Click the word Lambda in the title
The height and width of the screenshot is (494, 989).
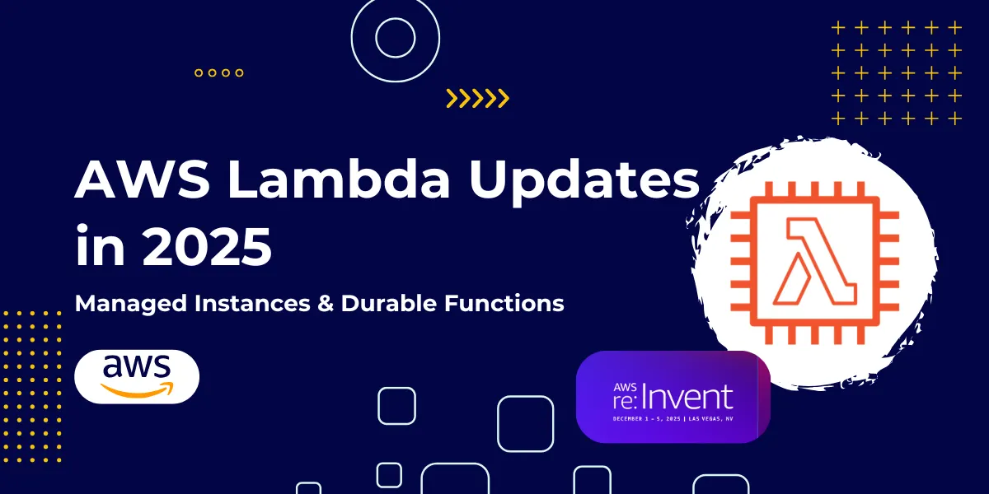point(339,179)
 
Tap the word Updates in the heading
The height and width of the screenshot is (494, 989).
point(584,182)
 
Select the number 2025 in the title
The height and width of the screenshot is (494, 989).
point(207,245)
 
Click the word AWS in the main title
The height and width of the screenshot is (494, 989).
point(142,179)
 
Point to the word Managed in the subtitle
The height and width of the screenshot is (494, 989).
point(131,305)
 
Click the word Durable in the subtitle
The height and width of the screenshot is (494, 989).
point(388,303)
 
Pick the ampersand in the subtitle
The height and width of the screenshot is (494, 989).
point(325,304)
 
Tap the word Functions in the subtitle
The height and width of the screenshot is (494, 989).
point(504,303)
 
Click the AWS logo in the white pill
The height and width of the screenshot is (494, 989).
point(137,376)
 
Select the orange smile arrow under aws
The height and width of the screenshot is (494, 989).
point(137,391)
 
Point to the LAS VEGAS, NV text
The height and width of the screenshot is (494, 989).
point(710,418)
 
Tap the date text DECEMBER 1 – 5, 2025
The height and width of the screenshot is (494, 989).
point(646,418)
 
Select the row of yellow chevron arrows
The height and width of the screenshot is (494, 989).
point(477,98)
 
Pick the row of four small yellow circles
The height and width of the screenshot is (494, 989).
point(219,72)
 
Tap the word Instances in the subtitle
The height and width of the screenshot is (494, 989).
point(252,303)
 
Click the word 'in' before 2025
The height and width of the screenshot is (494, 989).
point(101,245)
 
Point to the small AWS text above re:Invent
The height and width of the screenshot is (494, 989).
point(625,387)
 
